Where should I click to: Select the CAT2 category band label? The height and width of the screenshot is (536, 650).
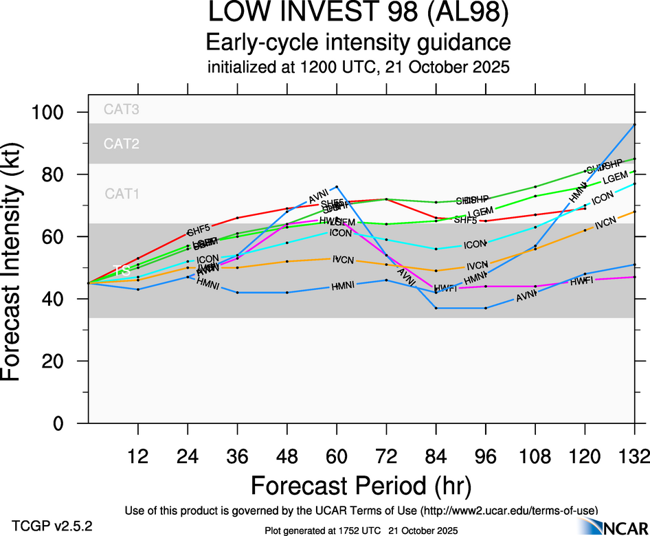(x=122, y=144)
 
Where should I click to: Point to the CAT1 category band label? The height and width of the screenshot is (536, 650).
(x=122, y=194)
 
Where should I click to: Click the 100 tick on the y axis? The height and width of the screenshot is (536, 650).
(x=60, y=112)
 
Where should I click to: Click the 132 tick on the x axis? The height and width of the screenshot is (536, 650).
(x=634, y=456)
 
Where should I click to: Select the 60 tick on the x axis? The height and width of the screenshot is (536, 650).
(x=337, y=456)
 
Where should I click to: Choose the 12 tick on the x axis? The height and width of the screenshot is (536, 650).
(x=138, y=456)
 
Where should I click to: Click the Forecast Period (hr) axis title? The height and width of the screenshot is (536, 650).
(x=361, y=486)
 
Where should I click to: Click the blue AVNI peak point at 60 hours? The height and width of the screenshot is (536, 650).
(x=337, y=186)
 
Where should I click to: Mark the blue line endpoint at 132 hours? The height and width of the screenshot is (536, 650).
(x=634, y=124)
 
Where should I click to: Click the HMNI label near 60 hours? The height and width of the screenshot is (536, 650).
(x=343, y=286)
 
